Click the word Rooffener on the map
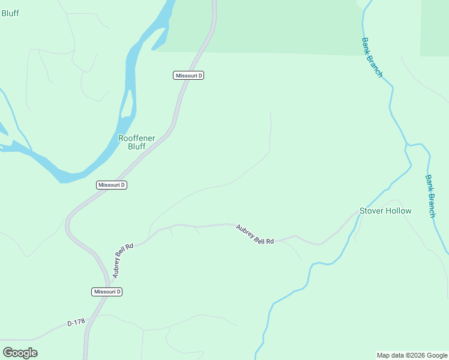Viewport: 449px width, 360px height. (x=136, y=138)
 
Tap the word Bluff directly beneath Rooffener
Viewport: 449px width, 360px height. (x=136, y=146)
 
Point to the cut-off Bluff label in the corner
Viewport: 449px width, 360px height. (x=10, y=13)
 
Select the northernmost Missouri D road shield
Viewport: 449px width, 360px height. (x=189, y=76)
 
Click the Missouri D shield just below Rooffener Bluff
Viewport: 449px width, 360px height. (x=112, y=185)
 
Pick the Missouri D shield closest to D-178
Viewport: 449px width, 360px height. (x=107, y=292)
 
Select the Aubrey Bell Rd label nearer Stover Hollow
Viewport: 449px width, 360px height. (x=255, y=234)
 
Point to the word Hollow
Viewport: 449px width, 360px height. (x=399, y=211)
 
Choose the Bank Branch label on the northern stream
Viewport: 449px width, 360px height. (x=372, y=58)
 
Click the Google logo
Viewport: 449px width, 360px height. (x=20, y=353)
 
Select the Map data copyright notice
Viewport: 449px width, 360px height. (x=412, y=355)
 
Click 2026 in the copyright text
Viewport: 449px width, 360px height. (x=420, y=355)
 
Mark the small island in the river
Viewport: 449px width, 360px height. (x=127, y=105)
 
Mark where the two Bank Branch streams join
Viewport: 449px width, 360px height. (x=407, y=146)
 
